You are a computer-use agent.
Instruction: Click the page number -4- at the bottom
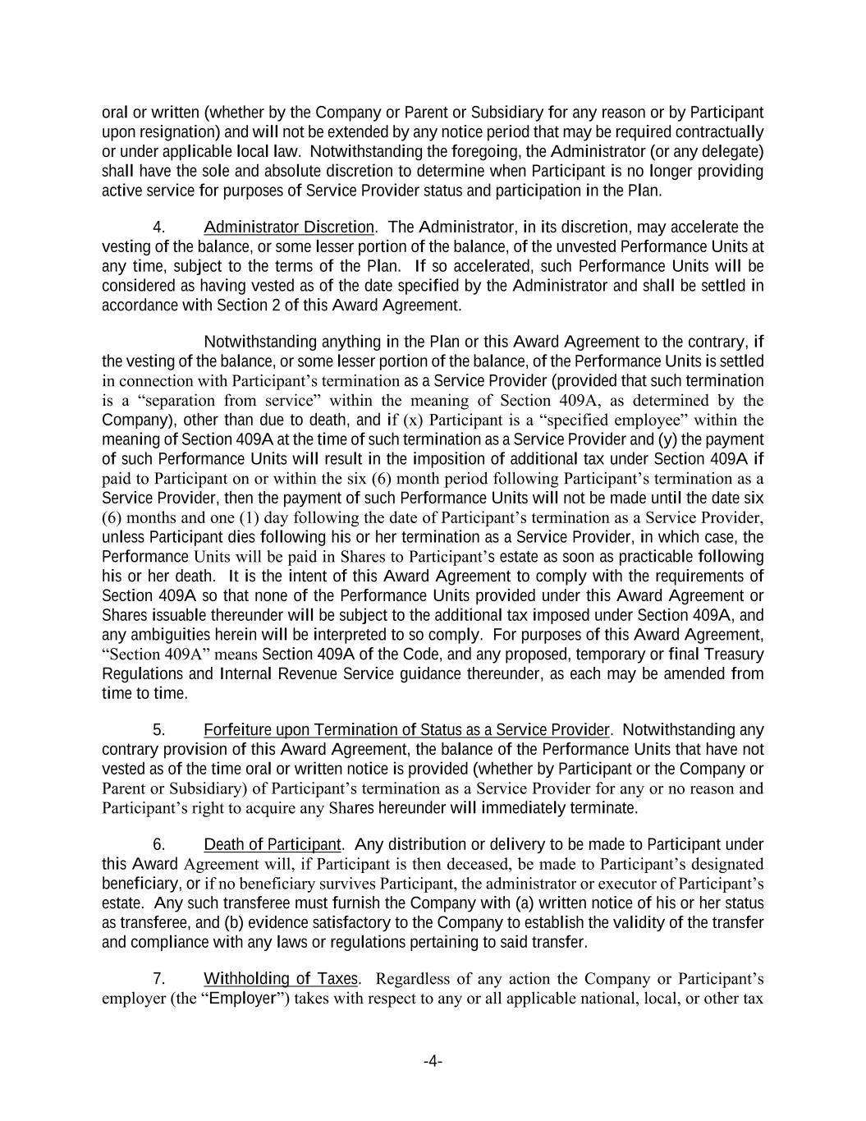click(x=433, y=1062)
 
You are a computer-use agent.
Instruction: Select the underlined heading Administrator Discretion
click(x=288, y=227)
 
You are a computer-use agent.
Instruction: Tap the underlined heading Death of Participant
click(x=272, y=844)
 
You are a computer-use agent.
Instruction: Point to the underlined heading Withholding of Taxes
click(x=281, y=979)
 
